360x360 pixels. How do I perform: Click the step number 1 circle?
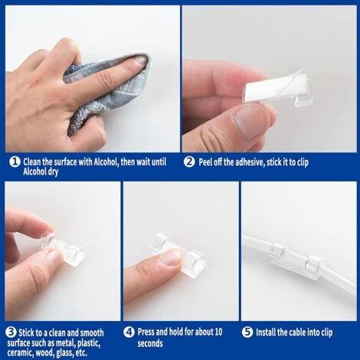[x=13, y=162]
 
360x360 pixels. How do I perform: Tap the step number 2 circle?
[x=189, y=162]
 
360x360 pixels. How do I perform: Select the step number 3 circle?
[x=11, y=332]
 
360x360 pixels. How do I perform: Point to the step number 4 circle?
[x=129, y=332]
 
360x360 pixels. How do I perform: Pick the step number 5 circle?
[x=247, y=332]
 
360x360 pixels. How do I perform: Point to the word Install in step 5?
[x=269, y=332]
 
